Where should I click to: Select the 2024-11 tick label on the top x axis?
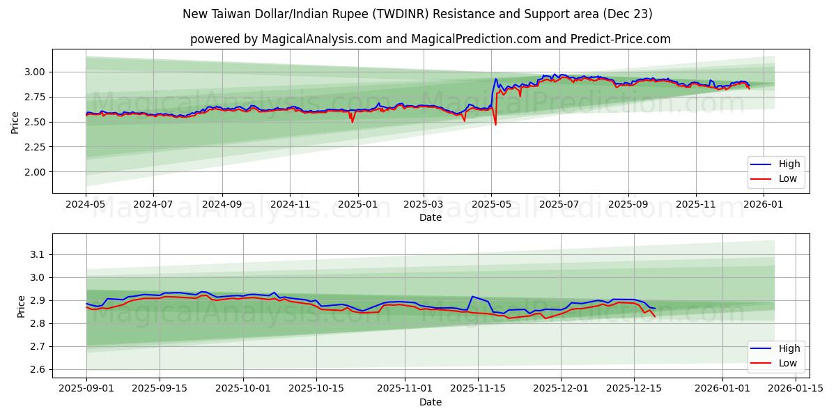[289, 206]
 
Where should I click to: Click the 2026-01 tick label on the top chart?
[763, 206]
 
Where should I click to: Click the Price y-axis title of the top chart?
[15, 121]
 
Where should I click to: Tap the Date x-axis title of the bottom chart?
[431, 402]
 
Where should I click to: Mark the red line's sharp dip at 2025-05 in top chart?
[495, 125]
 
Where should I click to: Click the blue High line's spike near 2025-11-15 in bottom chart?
[473, 297]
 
